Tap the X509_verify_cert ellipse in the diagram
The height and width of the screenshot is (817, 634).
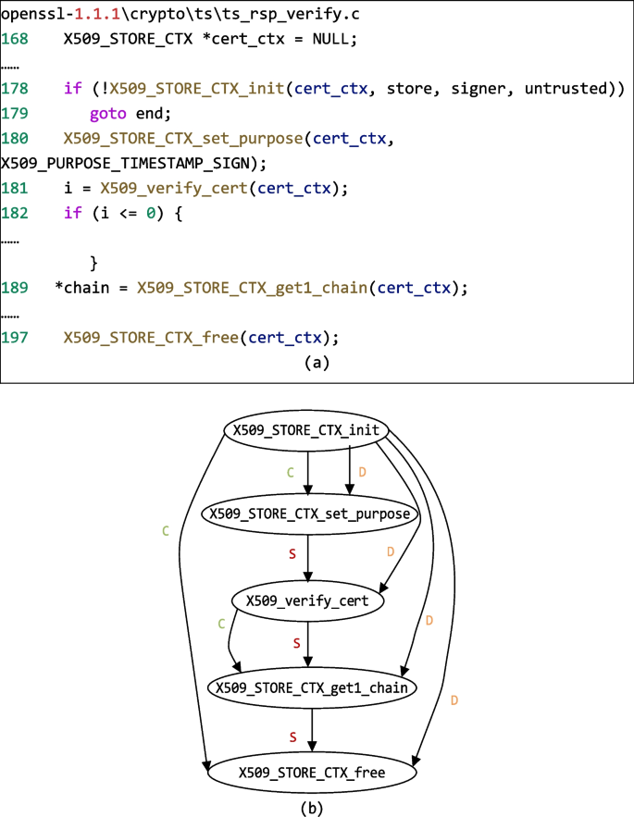point(307,600)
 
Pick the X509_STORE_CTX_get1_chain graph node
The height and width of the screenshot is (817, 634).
point(312,687)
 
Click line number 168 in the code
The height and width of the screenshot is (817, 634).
point(14,41)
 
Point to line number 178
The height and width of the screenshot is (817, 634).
point(14,89)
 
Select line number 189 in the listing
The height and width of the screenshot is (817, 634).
point(14,287)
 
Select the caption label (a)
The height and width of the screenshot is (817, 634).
point(317,363)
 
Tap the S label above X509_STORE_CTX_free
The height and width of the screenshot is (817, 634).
point(293,736)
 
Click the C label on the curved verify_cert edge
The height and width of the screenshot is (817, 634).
point(221,625)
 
